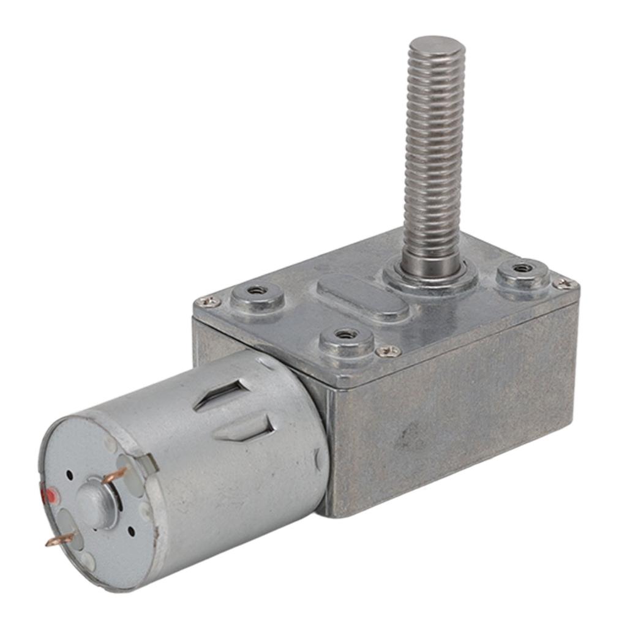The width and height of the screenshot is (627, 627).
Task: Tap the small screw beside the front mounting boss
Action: coord(387,351)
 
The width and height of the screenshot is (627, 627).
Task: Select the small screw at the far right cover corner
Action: coord(564,283)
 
